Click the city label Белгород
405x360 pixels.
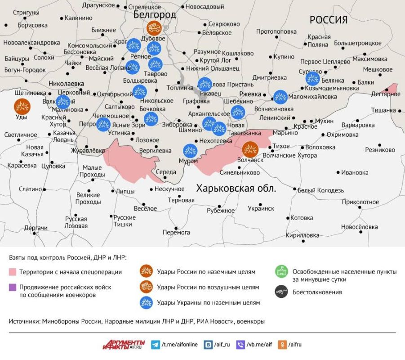pos(155,15)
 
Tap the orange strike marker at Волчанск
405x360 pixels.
pos(250,149)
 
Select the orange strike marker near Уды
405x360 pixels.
pos(22,107)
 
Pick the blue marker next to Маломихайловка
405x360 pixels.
pos(280,96)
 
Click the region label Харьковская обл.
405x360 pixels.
pos(236,188)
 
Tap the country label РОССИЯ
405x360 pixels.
pos(329,20)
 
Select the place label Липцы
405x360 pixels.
pos(125,191)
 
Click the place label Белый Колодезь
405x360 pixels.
pos(320,190)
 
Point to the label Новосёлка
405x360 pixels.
pos(359,227)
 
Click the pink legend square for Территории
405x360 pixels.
pos(13,272)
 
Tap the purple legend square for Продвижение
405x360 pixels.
pos(13,287)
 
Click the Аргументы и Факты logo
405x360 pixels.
pos(124,344)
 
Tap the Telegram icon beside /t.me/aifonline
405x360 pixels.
pos(155,345)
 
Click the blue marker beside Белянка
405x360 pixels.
pos(312,78)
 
